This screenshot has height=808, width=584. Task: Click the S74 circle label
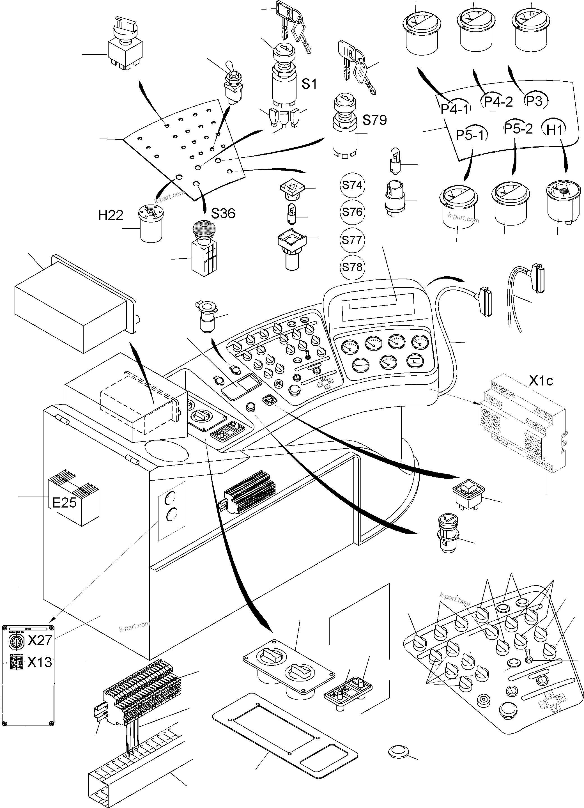click(352, 185)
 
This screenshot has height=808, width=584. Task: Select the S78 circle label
click(352, 267)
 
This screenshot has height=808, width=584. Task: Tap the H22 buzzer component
click(151, 224)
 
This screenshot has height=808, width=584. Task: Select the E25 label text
click(65, 503)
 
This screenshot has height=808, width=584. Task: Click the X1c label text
click(541, 381)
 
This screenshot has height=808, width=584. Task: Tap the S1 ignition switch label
click(309, 84)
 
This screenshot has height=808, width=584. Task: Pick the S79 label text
click(375, 120)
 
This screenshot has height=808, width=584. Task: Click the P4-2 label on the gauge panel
click(498, 102)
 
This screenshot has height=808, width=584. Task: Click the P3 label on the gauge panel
click(535, 102)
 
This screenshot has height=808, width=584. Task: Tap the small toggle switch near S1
click(233, 84)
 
